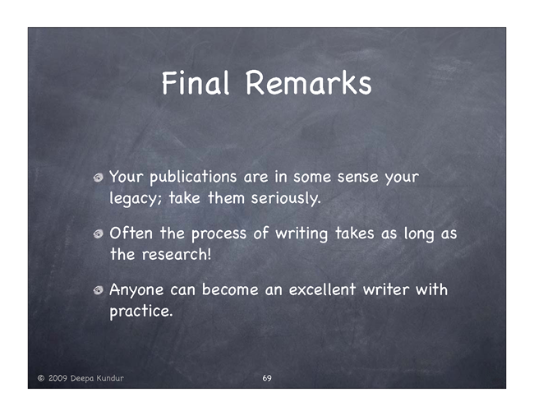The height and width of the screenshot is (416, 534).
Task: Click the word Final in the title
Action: point(196,83)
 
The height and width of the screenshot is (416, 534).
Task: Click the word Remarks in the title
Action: point(309,83)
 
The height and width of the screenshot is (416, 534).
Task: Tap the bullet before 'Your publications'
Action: point(99,177)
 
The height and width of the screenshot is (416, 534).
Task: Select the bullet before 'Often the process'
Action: point(99,233)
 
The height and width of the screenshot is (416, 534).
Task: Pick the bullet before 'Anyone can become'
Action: point(99,290)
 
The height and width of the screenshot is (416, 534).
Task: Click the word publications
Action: point(193,178)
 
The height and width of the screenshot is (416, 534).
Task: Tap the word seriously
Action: point(286,198)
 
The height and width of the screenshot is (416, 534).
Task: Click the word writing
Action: point(302,234)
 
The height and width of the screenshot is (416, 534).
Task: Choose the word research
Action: point(177,255)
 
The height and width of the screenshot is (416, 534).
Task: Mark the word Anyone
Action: point(136,290)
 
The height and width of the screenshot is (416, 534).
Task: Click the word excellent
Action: point(322,290)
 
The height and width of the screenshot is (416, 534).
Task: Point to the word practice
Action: point(141,312)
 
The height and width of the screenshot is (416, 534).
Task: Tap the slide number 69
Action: point(267,378)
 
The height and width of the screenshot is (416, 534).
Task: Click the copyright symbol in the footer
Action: point(41,378)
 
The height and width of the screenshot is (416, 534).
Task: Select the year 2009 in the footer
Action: point(58,378)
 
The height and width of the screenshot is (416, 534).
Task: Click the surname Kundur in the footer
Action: point(110,378)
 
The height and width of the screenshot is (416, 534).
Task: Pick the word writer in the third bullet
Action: point(386,290)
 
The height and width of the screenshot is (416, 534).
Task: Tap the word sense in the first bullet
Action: point(357,178)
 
